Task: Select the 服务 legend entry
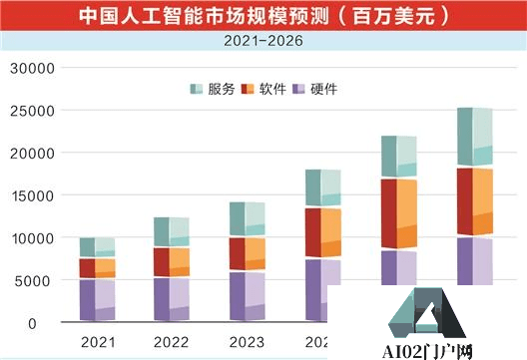pos(213,89)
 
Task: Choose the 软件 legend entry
pos(264,89)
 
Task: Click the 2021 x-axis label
pos(98,343)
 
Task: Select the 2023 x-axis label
pos(245,343)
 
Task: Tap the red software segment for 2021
pos(88,268)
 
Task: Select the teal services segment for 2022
pos(162,231)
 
